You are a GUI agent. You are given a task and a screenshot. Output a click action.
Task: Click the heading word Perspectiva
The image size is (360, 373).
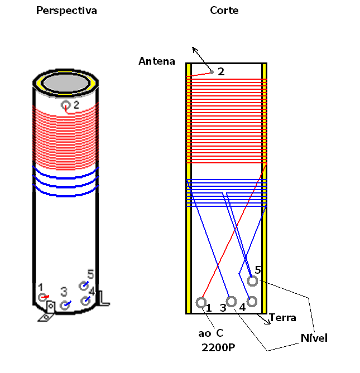(66, 11)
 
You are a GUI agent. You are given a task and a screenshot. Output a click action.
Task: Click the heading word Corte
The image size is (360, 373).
(224, 11)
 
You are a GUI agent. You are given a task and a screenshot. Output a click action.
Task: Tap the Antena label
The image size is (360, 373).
(157, 61)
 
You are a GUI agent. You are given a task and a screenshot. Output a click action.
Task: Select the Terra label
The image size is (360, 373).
(282, 318)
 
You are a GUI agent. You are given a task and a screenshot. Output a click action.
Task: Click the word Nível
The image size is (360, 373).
(314, 338)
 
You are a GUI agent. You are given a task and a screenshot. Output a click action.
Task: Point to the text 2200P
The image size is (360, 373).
(218, 347)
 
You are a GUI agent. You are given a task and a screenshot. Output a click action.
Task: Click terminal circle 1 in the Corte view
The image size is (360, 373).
(201, 303)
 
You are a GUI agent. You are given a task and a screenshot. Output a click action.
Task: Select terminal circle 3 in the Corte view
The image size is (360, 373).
(231, 302)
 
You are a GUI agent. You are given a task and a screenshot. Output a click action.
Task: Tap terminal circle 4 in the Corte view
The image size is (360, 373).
(252, 302)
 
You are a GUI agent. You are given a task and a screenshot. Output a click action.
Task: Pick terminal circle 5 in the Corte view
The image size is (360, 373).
(252, 281)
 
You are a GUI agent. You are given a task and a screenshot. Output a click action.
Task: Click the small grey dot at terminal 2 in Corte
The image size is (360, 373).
(212, 72)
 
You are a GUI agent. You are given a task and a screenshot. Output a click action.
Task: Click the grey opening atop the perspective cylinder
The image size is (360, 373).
(66, 83)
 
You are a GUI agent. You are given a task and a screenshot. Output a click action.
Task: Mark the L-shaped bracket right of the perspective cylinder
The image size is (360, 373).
(104, 298)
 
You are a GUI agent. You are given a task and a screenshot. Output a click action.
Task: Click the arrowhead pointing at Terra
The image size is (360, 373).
(268, 322)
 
